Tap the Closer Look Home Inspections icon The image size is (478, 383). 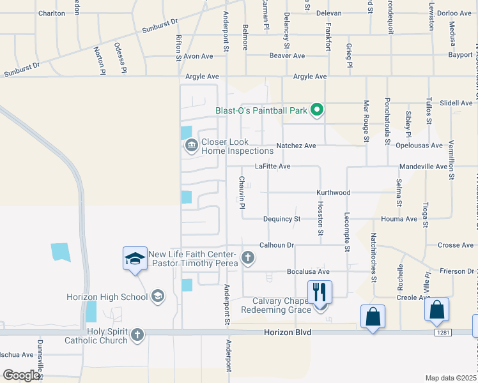click(x=191, y=147)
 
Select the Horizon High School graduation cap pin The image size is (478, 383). click(x=135, y=259)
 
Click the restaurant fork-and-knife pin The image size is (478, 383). click(x=320, y=292)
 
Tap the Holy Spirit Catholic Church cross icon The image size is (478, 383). click(x=137, y=334)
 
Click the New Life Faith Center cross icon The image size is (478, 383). click(x=247, y=258)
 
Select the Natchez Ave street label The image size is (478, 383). click(x=296, y=146)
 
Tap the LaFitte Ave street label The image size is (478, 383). click(x=273, y=166)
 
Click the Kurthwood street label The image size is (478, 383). click(x=334, y=192)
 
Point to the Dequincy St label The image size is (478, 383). click(x=282, y=219)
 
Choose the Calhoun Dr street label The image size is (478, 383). click(x=276, y=245)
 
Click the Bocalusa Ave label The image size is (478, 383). click(x=308, y=271)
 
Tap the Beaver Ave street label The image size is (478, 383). click(x=287, y=56)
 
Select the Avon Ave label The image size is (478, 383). click(x=197, y=56)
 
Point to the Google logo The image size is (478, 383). click(x=21, y=375)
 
